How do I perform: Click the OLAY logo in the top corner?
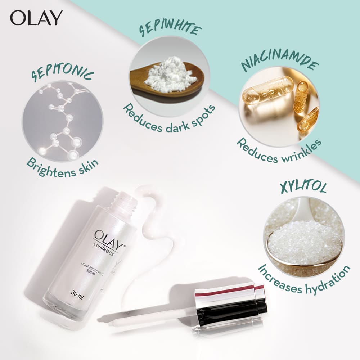36,18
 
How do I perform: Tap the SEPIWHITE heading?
170,29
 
